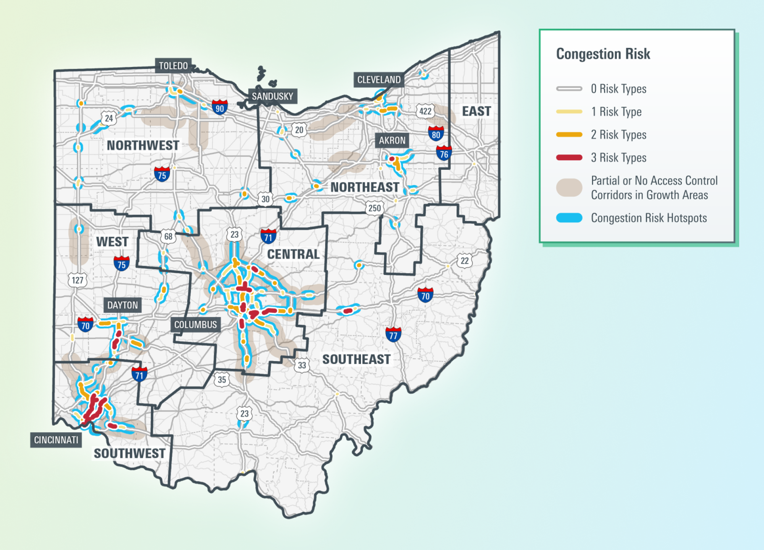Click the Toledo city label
(x=173, y=66)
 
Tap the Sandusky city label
(x=272, y=96)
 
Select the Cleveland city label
(x=379, y=80)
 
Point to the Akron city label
(x=392, y=140)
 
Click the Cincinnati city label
(x=56, y=440)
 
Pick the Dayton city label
(x=122, y=305)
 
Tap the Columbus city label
(x=195, y=325)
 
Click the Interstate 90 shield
(x=220, y=107)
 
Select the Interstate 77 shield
(x=393, y=335)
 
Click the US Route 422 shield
(x=425, y=111)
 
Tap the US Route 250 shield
(x=374, y=208)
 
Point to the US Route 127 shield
(x=78, y=280)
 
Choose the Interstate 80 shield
(x=436, y=134)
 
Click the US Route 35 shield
(x=222, y=379)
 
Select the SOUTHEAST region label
(x=356, y=360)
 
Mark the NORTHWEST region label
(x=143, y=146)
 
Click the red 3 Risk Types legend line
(x=569, y=158)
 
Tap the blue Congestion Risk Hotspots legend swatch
(x=569, y=218)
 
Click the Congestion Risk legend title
(x=603, y=54)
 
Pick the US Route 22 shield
(x=465, y=261)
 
